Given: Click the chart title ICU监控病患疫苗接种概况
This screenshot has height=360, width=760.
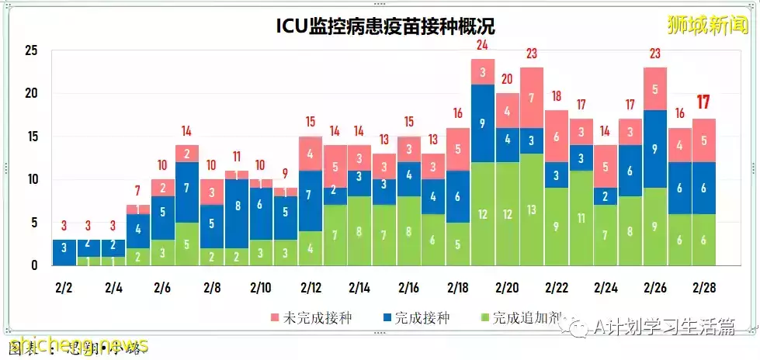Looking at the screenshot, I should click(386, 26).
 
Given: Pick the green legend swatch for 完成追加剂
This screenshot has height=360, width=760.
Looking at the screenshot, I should click(485, 319).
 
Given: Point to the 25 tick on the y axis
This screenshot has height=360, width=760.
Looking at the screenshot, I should click(31, 51).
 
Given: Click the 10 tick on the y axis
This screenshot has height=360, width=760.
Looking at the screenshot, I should click(31, 179).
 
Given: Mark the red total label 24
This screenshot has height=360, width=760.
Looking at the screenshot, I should click(483, 45).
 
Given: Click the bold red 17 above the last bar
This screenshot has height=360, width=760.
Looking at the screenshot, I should click(704, 102).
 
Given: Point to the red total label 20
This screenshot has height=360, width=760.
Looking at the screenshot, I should click(507, 79).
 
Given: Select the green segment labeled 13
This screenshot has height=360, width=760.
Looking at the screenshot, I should click(532, 209).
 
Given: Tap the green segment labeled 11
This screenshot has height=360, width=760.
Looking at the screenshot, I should click(580, 218).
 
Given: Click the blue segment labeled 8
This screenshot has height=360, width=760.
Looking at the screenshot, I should click(237, 206).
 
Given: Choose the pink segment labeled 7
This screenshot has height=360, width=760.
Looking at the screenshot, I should click(532, 98).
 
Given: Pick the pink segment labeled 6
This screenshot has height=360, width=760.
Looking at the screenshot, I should click(556, 136).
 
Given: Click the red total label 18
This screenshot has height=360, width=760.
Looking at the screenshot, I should click(556, 96).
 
